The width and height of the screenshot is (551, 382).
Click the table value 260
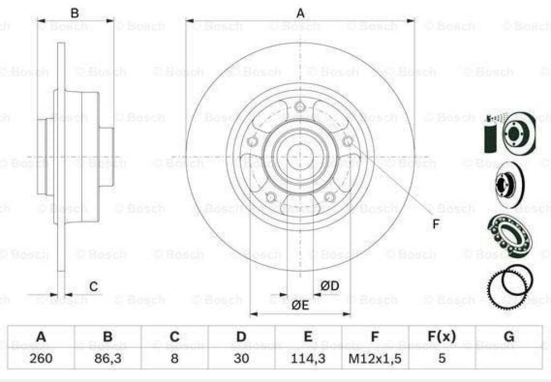(x=41, y=358)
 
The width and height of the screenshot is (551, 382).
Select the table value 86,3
(x=108, y=358)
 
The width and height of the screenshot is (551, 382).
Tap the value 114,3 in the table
(x=308, y=358)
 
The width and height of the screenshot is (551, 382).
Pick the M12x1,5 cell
(x=375, y=358)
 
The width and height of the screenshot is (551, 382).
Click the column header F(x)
(x=441, y=337)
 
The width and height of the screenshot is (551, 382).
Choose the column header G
(x=508, y=337)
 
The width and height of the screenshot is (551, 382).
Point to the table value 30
(x=241, y=358)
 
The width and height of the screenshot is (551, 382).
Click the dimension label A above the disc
(x=300, y=13)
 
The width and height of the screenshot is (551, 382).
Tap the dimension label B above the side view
(x=74, y=13)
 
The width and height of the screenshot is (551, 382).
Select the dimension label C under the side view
(x=94, y=286)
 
